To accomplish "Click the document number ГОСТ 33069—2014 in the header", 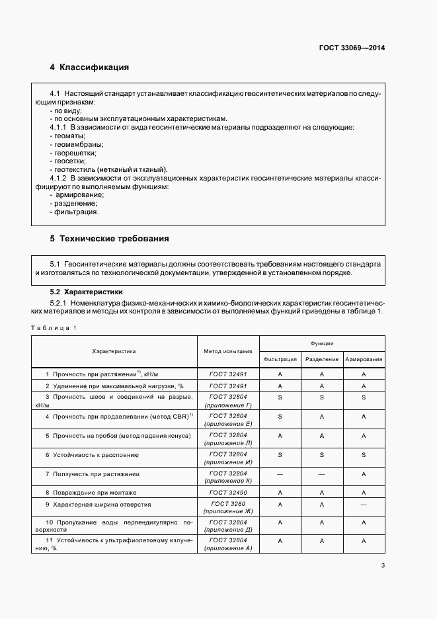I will coord(352,48).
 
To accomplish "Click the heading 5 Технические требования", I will coord(110,238).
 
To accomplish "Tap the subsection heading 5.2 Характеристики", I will coord(87,292).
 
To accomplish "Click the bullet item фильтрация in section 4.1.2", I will coord(74,212).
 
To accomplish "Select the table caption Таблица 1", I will coord(54,328).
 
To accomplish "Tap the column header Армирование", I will coord(364,359).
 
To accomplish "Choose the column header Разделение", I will coord(322,359).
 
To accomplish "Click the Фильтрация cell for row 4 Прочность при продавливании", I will coord(280,417).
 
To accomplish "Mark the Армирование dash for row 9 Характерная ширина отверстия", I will coord(364,505).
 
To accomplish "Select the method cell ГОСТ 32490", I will coord(227,493).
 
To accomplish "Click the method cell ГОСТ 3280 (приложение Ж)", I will coord(227,509).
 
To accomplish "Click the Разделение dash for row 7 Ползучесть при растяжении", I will coord(322,474).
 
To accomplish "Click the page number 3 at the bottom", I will coord(383,565).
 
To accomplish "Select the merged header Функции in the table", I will coord(322,343).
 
